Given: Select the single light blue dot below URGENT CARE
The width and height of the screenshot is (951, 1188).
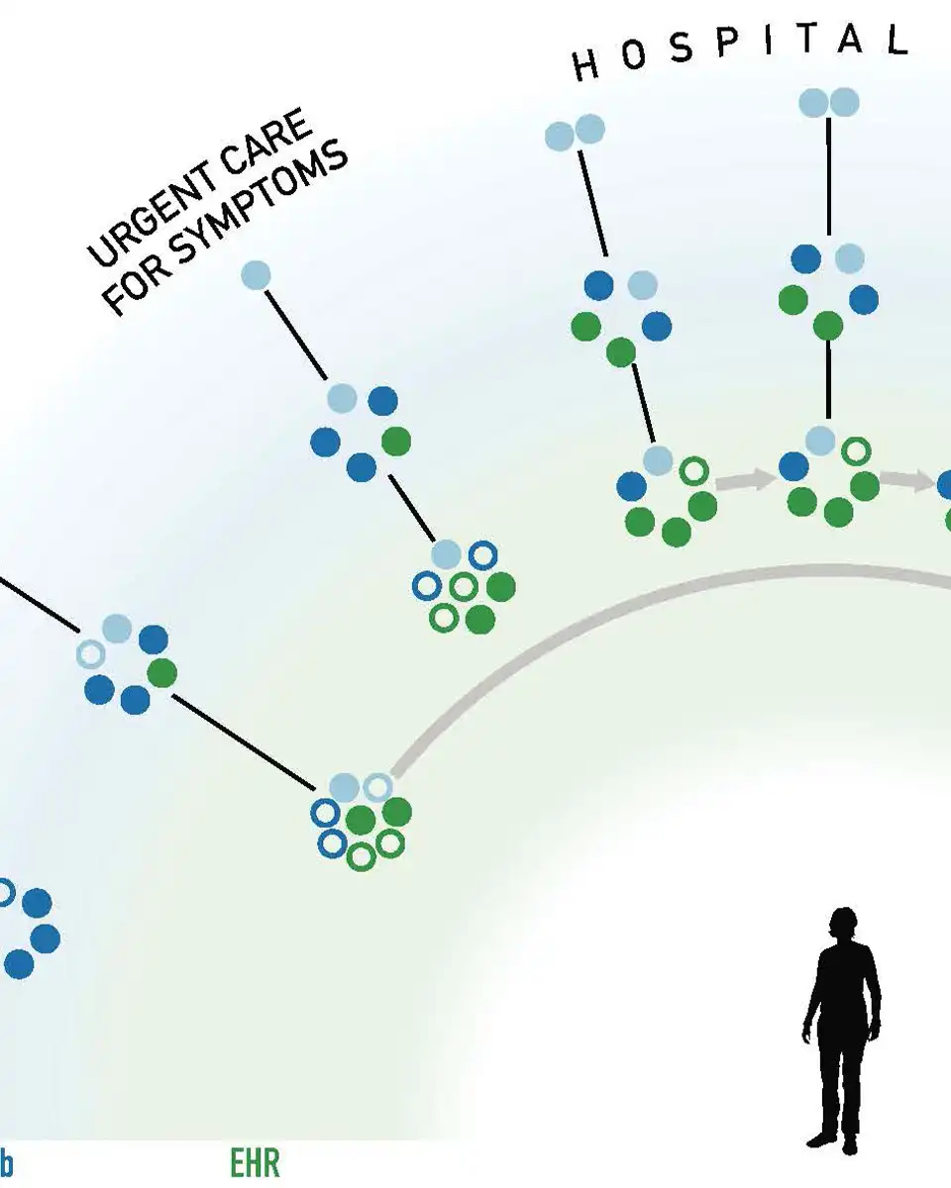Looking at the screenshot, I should click(256, 274).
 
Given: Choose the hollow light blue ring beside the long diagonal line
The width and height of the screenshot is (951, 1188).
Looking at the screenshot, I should click(91, 654).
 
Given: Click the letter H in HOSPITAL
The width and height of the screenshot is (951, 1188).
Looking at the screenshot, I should click(586, 67).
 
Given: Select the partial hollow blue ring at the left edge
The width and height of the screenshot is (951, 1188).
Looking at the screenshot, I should click(4, 892).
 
